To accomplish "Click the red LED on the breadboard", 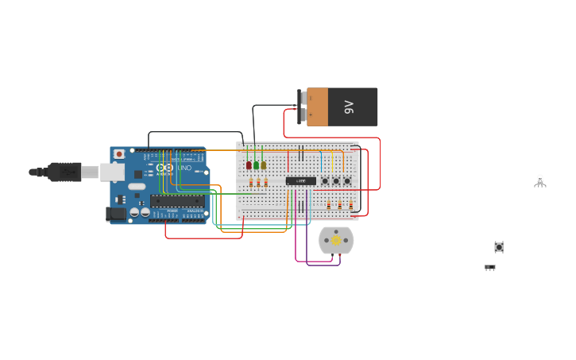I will click(249, 165).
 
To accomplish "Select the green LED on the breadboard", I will click(257, 165).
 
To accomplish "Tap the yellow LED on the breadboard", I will click(264, 165).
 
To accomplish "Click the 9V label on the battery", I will click(349, 107).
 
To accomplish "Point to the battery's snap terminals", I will click(302, 107).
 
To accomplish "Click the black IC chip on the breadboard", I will click(300, 181).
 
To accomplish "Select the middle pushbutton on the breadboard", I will click(336, 181).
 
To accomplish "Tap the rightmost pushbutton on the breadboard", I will click(347, 181).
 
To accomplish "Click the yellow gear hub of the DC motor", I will click(336, 240).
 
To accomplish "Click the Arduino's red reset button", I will click(119, 153).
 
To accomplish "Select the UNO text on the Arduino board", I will click(184, 168).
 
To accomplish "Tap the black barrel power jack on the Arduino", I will click(116, 213).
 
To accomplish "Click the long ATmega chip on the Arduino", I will click(176, 201).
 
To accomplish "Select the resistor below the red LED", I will click(251, 184).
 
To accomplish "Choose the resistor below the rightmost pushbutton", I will click(350, 205).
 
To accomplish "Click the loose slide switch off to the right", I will click(490, 268).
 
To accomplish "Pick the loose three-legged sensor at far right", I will click(540, 181).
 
